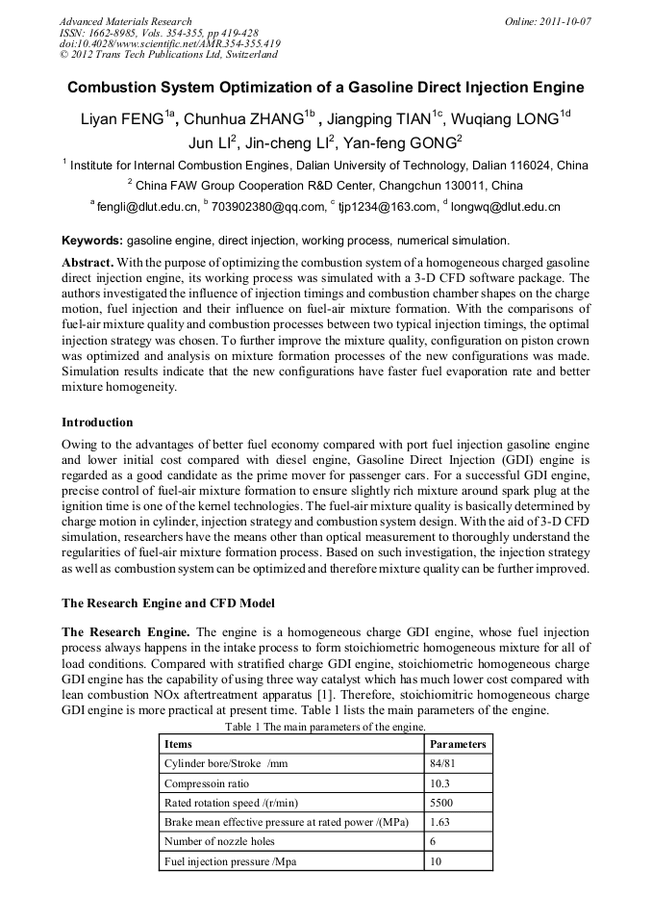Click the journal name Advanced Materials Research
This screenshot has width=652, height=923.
tap(125, 21)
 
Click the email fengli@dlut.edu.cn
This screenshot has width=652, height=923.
tap(147, 206)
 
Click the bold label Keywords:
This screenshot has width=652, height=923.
tap(92, 240)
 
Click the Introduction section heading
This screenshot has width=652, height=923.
tap(97, 422)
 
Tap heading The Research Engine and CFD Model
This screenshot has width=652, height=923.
tap(168, 603)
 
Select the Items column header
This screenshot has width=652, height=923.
tap(178, 744)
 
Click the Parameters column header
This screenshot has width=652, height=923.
tap(458, 744)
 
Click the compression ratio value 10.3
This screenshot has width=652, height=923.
tap(439, 783)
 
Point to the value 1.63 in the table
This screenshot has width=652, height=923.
tap(439, 823)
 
